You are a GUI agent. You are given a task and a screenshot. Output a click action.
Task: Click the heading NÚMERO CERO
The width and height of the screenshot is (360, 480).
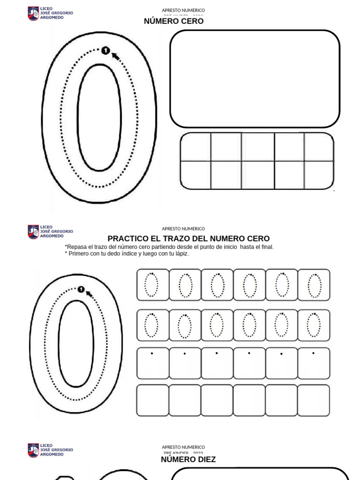[173, 21]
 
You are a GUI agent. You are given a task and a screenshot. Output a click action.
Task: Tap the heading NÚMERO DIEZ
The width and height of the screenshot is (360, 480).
[188, 459]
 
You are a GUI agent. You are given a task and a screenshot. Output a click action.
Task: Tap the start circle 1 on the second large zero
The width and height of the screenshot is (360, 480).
[81, 290]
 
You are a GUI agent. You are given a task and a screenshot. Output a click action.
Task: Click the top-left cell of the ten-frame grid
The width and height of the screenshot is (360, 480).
[195, 147]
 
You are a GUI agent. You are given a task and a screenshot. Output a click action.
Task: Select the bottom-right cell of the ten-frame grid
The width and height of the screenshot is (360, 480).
[318, 175]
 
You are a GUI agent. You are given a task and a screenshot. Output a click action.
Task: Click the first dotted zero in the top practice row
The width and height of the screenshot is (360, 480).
[152, 285]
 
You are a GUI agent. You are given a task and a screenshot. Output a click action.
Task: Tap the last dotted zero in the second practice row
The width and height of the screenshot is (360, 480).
[314, 325]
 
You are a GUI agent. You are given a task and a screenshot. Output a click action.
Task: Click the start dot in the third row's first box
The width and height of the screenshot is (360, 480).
[152, 353]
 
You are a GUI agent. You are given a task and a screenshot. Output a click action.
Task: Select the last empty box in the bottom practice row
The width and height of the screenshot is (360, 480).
[314, 400]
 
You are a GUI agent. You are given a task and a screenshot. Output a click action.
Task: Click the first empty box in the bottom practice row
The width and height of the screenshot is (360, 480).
[152, 400]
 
